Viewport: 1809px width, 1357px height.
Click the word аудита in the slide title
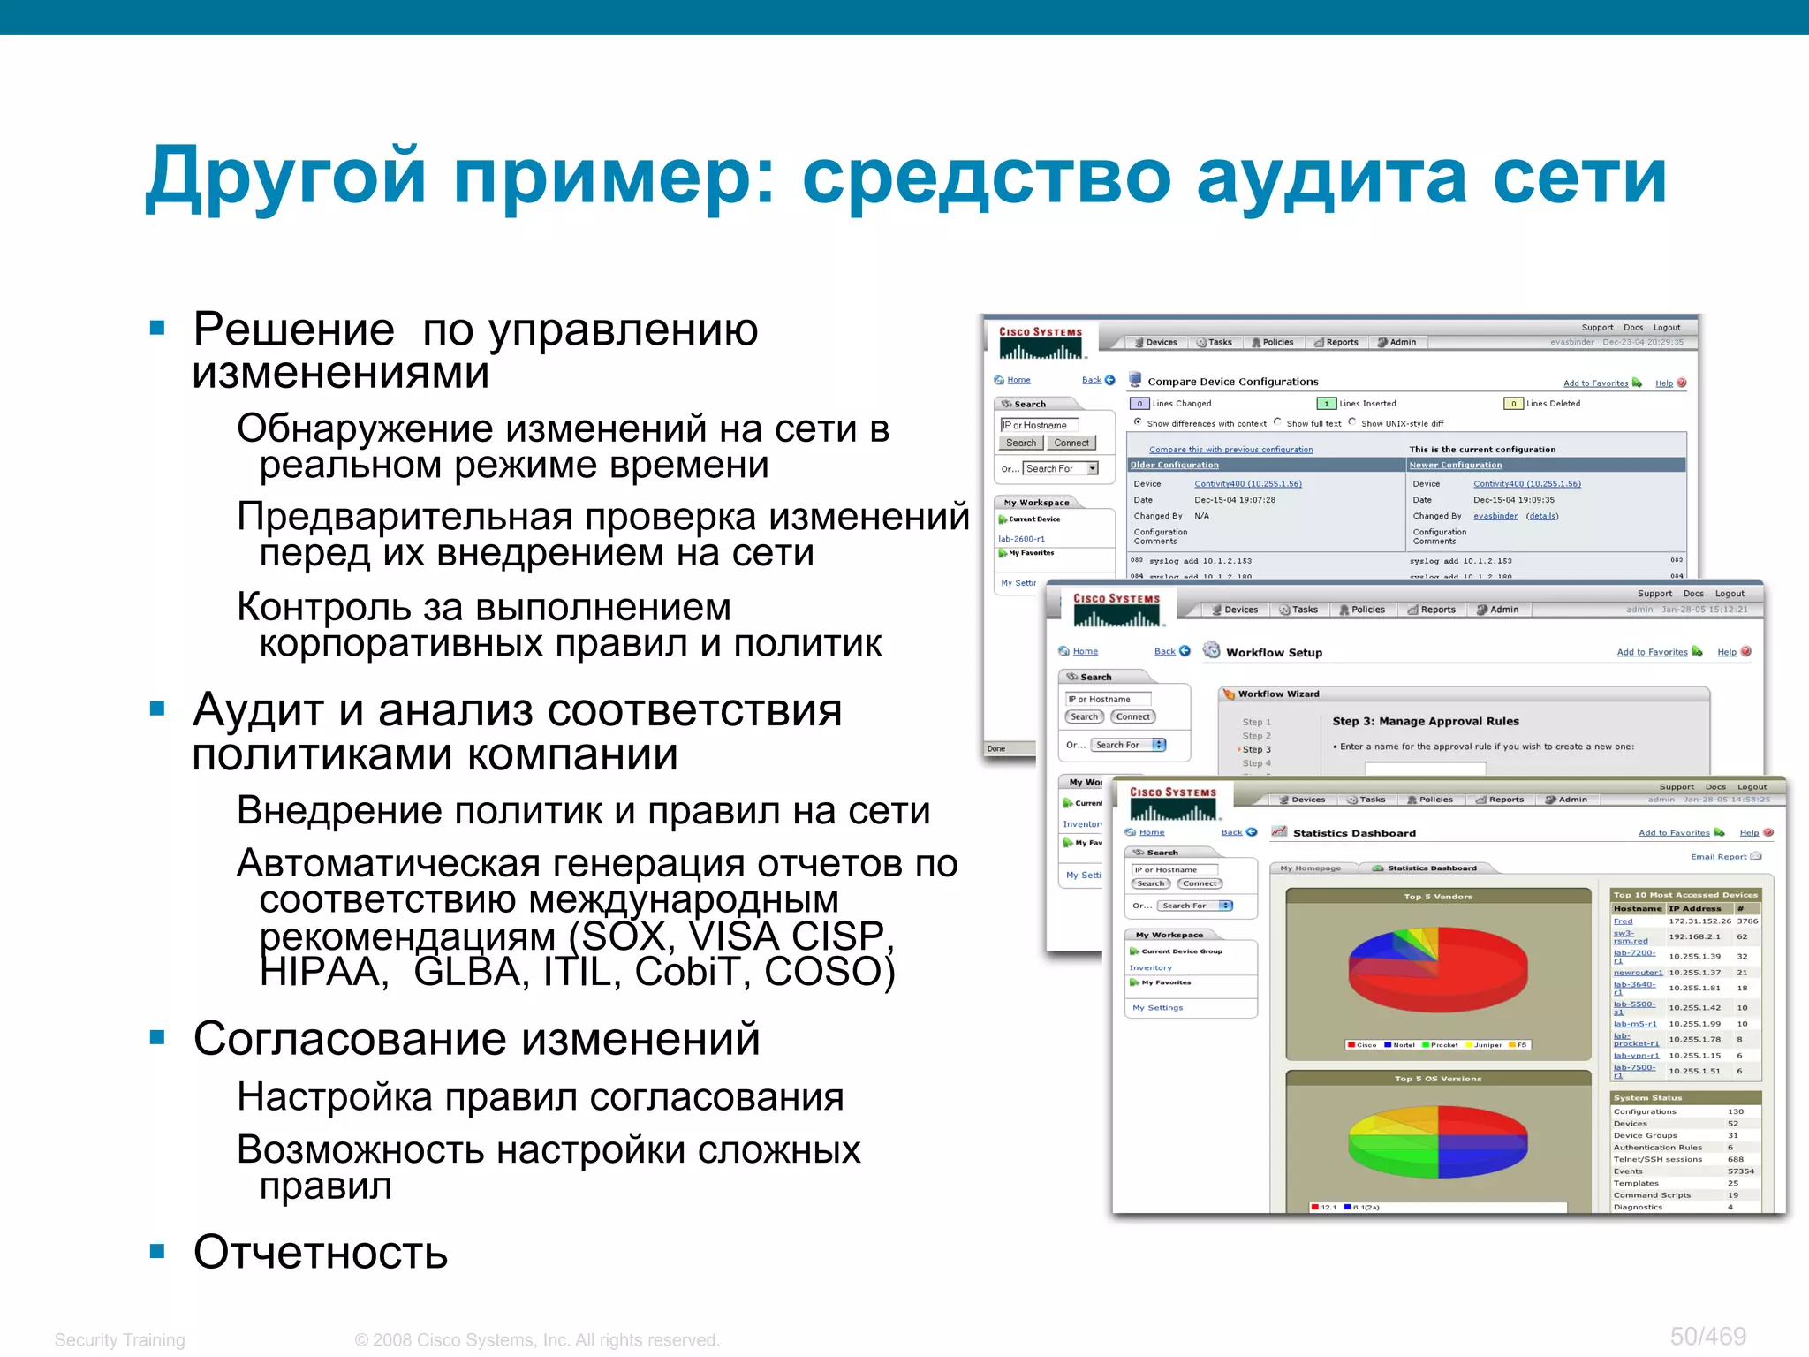coord(1330,178)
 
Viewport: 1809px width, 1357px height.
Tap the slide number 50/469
coord(1707,1336)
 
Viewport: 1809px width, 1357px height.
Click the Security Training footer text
coord(120,1339)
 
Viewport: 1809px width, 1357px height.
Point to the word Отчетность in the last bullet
coord(321,1252)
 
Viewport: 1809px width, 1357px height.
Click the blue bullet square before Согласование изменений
coord(158,1037)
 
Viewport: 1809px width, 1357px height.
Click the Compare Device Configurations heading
coord(1232,382)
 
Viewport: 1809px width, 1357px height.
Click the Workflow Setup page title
coord(1274,652)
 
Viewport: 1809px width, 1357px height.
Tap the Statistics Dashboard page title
coord(1353,832)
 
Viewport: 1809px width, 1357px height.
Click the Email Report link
coord(1718,856)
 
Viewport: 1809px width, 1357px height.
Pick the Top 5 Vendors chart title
coord(1438,897)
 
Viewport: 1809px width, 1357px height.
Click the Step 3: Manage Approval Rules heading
coord(1425,721)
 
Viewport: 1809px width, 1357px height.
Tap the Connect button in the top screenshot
coord(1071,443)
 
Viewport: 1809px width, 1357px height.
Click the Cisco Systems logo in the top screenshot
coord(1041,342)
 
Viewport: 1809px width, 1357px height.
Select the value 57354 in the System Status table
coord(1740,1171)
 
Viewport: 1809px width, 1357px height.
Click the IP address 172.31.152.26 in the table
coord(1699,921)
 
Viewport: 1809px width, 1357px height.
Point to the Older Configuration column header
coord(1174,465)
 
